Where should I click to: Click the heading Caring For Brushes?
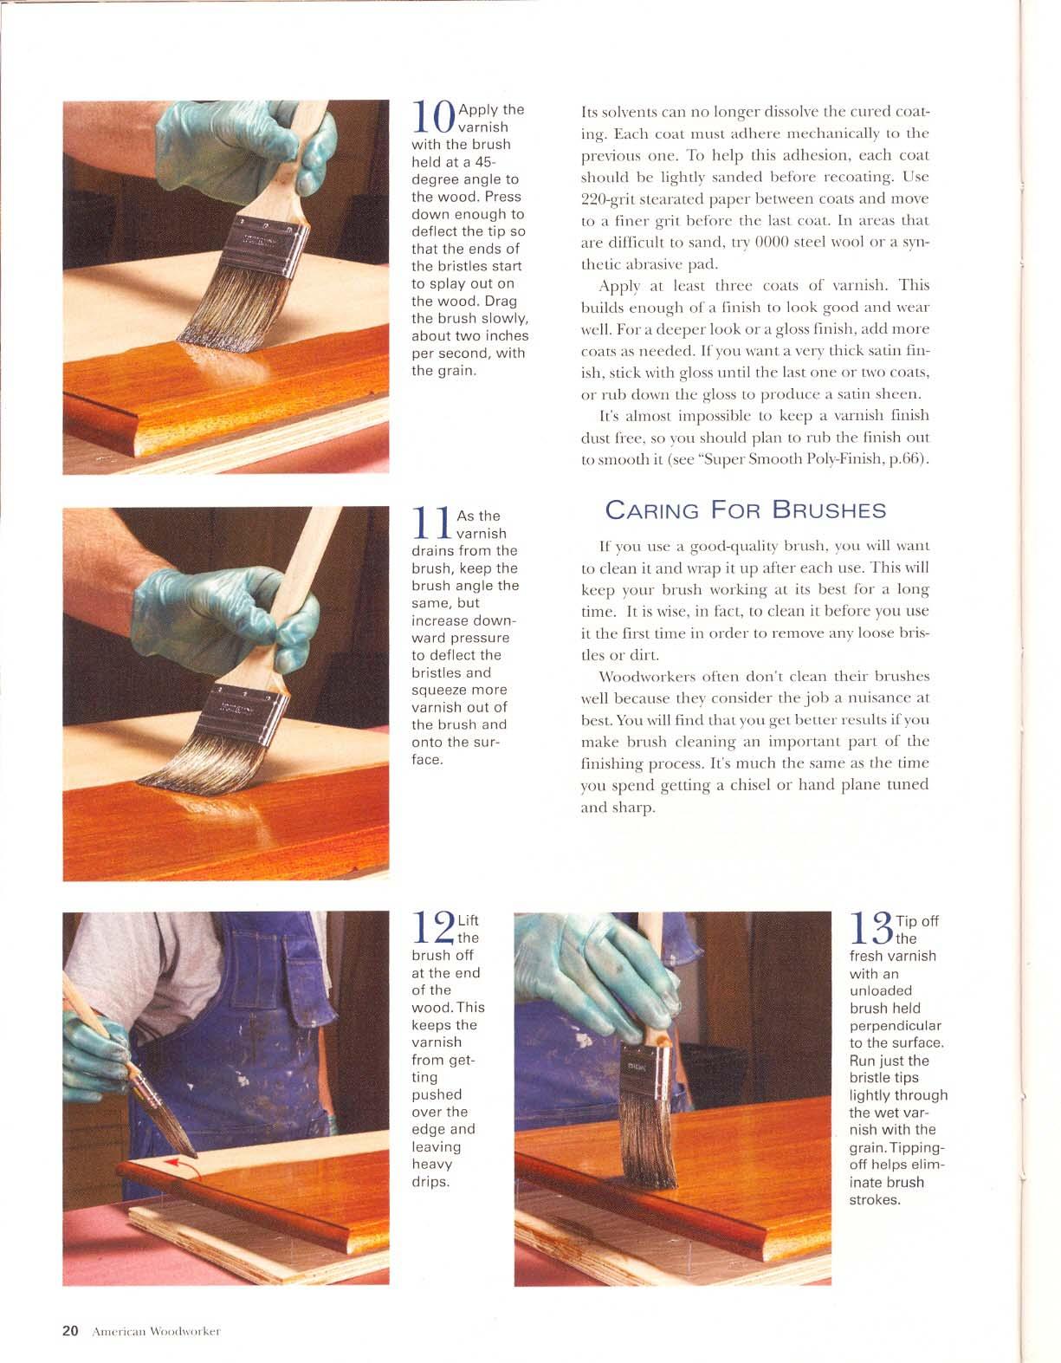[x=745, y=510]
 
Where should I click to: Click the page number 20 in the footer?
[x=70, y=1331]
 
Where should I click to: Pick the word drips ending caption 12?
[x=430, y=1182]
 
